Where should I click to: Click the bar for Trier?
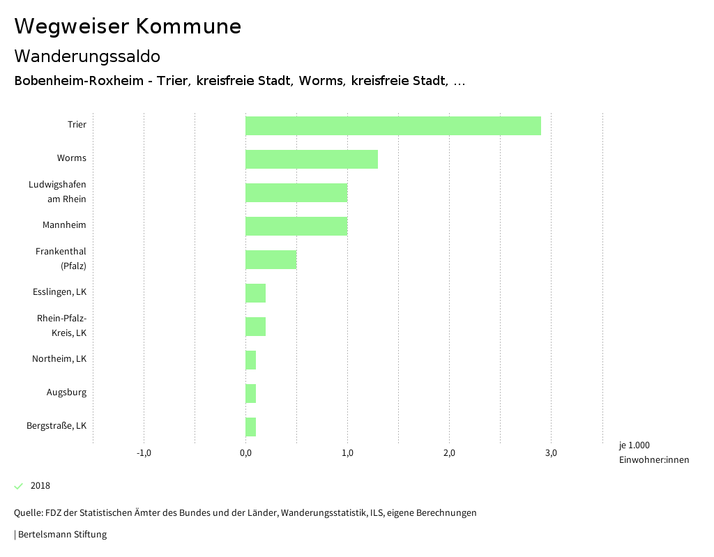tap(393, 125)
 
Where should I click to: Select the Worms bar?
tap(312, 159)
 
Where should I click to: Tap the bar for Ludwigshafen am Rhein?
tap(296, 192)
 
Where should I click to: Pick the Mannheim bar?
tap(296, 226)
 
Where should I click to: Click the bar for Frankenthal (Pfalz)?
tap(271, 259)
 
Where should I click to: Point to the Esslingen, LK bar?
tap(256, 293)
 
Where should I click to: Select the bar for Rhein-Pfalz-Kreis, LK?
tap(256, 326)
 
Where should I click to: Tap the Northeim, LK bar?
tap(251, 360)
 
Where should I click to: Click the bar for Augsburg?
tap(251, 393)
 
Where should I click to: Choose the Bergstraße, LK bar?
tap(251, 427)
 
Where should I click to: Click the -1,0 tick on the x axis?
tap(144, 453)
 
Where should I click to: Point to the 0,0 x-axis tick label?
tap(245, 453)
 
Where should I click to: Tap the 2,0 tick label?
tap(449, 453)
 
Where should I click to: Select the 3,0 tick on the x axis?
tap(551, 453)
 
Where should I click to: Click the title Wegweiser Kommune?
tap(128, 26)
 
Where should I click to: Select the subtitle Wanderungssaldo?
tap(87, 56)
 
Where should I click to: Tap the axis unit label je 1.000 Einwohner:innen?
tap(653, 452)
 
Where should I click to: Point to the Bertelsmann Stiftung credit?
tap(61, 535)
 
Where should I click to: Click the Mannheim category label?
tap(64, 225)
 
